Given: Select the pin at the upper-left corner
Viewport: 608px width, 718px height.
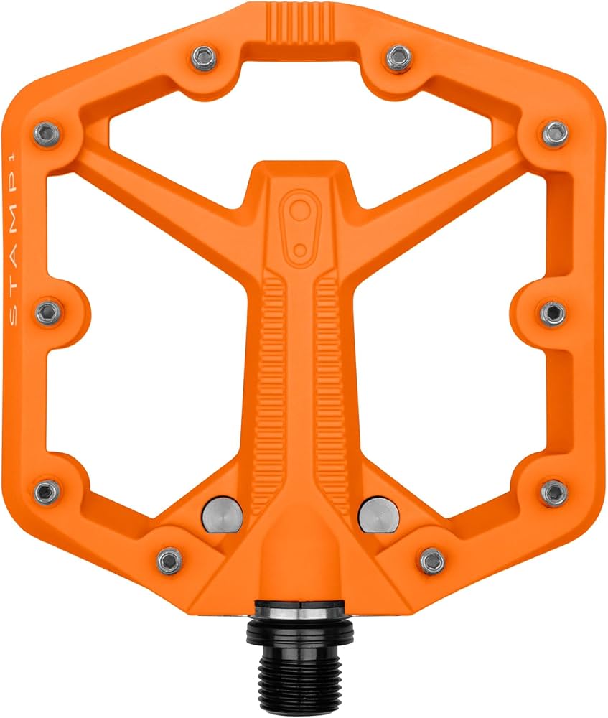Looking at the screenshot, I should (47, 132).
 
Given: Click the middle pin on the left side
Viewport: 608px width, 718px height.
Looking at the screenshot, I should (48, 312).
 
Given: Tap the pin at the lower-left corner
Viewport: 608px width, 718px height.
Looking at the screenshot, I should (48, 491).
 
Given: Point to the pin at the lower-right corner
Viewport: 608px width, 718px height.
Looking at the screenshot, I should (554, 491).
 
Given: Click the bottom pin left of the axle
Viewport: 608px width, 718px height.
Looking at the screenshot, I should (169, 559).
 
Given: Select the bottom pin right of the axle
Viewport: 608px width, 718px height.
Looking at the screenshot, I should (432, 559).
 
